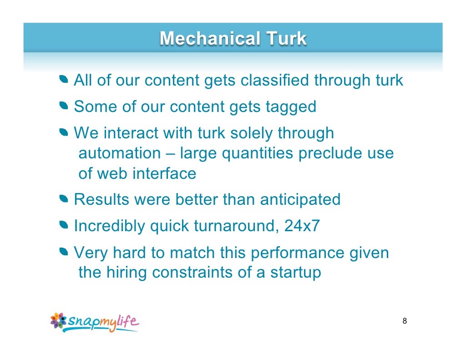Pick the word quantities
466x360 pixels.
pyautogui.click(x=258, y=153)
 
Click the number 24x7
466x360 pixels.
pyautogui.click(x=302, y=226)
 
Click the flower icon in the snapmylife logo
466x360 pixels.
pyautogui.click(x=59, y=320)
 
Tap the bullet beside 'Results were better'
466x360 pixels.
pyautogui.click(x=63, y=199)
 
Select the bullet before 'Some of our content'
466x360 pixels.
pyautogui.click(x=63, y=107)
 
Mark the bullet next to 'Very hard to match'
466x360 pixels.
pyautogui.click(x=63, y=252)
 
